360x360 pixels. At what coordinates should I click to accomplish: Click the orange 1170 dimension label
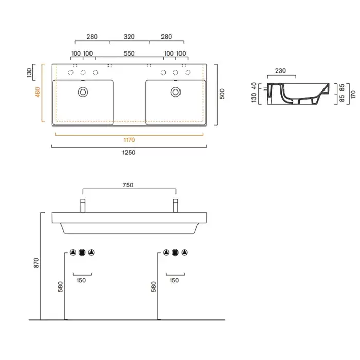click(129, 140)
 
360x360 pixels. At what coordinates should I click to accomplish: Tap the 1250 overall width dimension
click(129, 152)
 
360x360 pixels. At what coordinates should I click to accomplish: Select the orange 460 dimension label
click(38, 92)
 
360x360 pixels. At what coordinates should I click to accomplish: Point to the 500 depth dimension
click(222, 94)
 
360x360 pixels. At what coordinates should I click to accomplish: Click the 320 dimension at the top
click(129, 37)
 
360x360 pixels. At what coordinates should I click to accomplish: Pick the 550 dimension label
click(129, 53)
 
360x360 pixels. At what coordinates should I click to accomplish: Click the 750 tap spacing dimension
click(128, 185)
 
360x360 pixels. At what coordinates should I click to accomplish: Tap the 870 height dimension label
click(37, 263)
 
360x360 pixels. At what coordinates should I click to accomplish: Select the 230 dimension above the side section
click(280, 71)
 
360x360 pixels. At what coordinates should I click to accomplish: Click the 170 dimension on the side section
click(353, 94)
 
